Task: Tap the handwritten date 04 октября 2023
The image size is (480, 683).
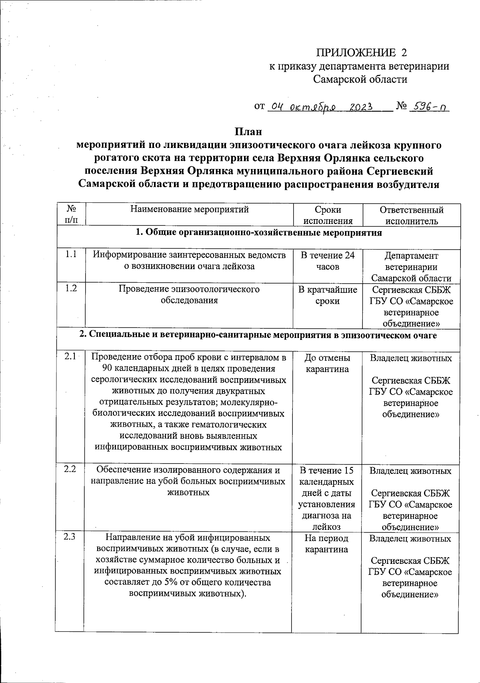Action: (x=320, y=107)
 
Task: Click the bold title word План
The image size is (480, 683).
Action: (x=248, y=132)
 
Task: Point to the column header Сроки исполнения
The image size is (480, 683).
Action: (x=328, y=215)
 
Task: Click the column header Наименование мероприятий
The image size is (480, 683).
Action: (x=190, y=210)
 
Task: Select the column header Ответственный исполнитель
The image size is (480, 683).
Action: (x=411, y=215)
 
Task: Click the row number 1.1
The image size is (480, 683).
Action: (x=71, y=254)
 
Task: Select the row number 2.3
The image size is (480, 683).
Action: (x=70, y=537)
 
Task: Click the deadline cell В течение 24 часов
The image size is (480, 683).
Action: (x=328, y=261)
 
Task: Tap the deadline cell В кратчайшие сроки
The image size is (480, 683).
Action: (x=328, y=295)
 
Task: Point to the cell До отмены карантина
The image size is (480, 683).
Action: (x=327, y=363)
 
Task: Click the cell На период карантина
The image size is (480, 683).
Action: (x=326, y=544)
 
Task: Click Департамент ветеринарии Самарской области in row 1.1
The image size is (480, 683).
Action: (x=411, y=267)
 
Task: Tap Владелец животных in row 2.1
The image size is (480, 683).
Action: (x=410, y=358)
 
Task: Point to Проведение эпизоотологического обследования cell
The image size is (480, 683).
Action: (x=189, y=294)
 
